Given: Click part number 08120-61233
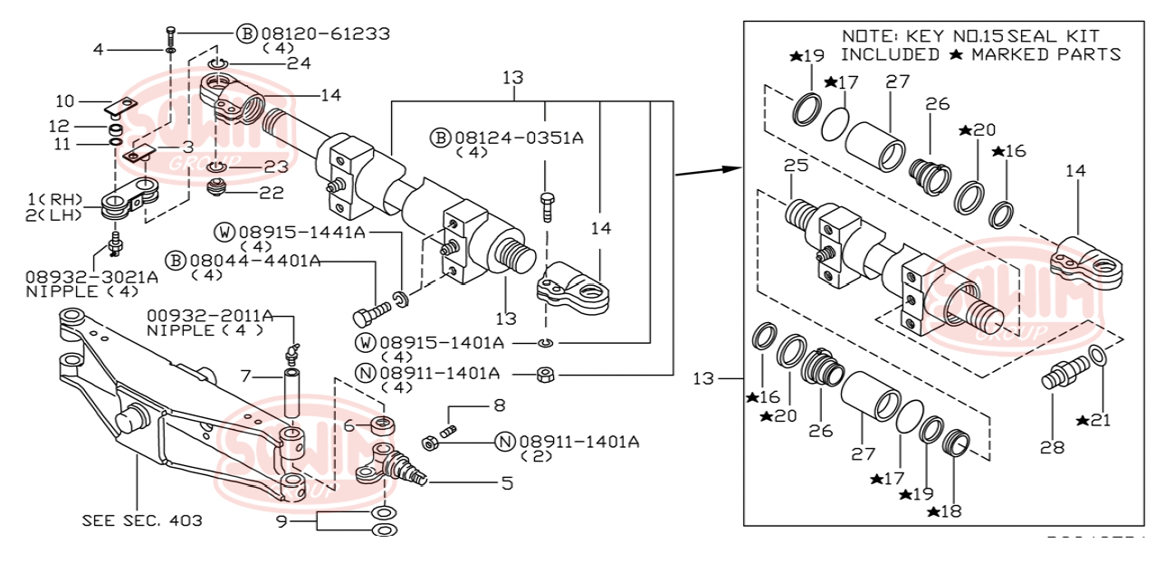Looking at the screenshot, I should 326,33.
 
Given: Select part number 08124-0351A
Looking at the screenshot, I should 519,138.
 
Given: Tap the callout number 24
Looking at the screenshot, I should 299,63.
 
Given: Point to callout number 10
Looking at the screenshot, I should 65,100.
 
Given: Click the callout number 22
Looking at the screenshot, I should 272,193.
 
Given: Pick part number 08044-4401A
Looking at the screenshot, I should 254,261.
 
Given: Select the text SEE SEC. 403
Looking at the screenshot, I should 142,520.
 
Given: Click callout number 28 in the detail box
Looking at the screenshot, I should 1052,446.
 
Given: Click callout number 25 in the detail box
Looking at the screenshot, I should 795,167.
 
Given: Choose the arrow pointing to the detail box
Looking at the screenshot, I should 706,169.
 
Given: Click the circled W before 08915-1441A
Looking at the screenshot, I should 224,233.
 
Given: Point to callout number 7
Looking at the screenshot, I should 244,375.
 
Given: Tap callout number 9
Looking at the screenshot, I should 282,521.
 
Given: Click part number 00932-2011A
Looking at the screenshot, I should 210,315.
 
